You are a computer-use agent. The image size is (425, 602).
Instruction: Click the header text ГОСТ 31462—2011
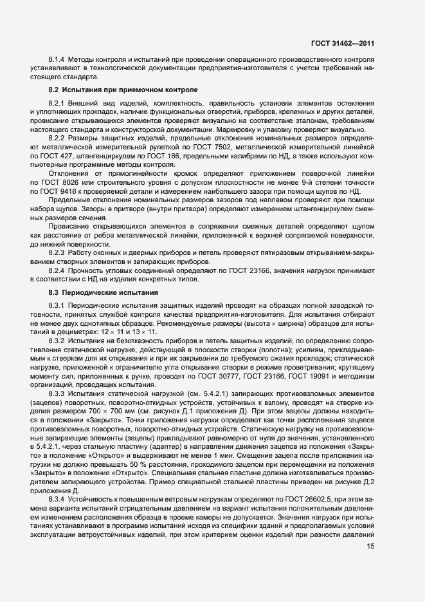pyautogui.click(x=343, y=43)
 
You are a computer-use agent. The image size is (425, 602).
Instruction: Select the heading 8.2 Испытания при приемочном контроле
pyautogui.click(x=123, y=89)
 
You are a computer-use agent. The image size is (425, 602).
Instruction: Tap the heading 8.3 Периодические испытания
pyautogui.click(x=104, y=293)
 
